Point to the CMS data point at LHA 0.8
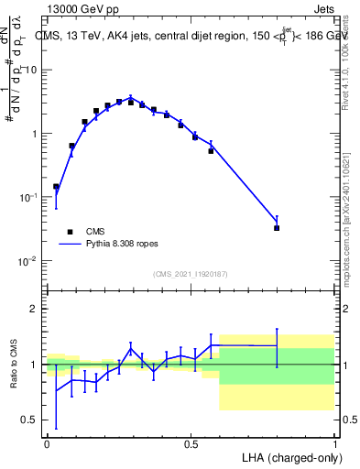tap(277, 227)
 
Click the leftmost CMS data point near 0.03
tap(56, 187)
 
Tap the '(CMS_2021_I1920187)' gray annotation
tap(191, 273)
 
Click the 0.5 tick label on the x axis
tap(191, 443)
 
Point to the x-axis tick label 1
tap(334, 443)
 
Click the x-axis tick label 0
tap(48, 443)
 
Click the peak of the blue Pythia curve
tap(131, 96)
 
